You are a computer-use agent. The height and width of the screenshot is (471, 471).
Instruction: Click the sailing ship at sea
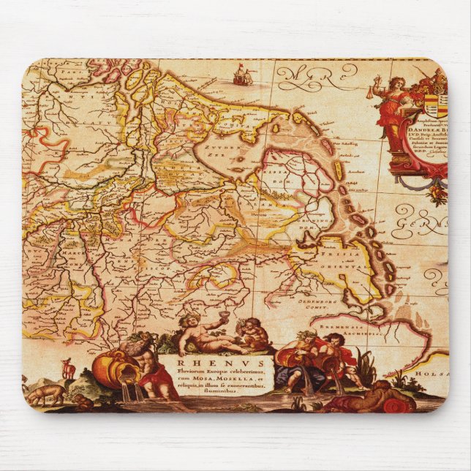(239, 74)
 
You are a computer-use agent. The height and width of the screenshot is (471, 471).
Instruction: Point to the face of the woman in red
(399, 82)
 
